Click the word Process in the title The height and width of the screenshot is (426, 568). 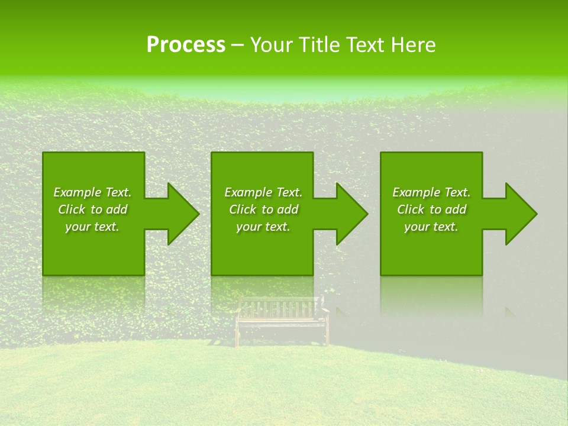186,45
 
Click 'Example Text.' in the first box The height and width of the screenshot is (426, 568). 92,192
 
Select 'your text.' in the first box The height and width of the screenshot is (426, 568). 92,227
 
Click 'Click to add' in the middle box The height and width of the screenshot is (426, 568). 263,209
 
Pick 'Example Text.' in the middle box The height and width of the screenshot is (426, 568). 263,192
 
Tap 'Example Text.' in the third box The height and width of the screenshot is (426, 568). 431,192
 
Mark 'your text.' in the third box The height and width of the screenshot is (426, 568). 431,227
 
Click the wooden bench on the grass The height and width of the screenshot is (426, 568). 282,319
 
